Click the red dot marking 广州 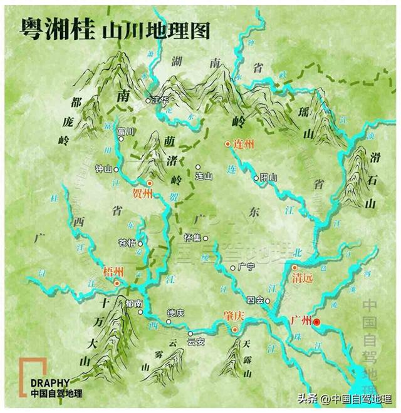tap(316, 322)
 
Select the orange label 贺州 tap(143, 193)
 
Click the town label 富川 tap(125, 132)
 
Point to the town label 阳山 tap(268, 178)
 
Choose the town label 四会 tap(256, 300)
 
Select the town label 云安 tap(196, 342)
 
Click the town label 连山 tap(204, 178)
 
